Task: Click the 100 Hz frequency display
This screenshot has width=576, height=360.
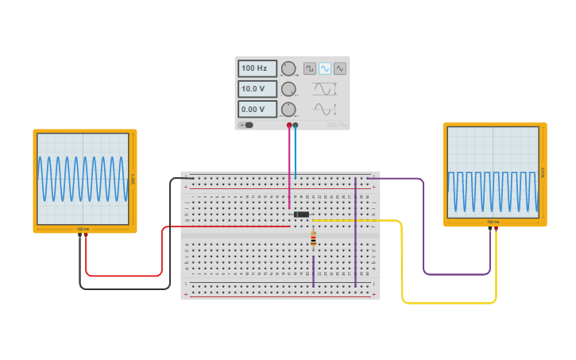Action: [257, 68]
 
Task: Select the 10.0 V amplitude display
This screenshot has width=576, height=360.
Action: [257, 89]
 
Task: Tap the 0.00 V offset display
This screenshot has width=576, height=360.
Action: [257, 109]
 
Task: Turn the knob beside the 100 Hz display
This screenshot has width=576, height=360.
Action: [288, 68]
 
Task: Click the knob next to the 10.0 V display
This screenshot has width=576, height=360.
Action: [288, 89]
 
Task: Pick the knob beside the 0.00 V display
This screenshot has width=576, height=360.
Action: [288, 109]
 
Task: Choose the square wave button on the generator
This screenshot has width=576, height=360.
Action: [310, 68]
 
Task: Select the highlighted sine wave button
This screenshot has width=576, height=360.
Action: [325, 68]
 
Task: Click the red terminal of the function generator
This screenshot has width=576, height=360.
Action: [289, 126]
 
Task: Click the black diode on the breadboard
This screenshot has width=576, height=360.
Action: [301, 215]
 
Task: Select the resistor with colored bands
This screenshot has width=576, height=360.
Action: [313, 238]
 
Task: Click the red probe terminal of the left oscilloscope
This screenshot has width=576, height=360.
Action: [86, 236]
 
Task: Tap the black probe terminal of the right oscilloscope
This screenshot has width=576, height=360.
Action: [490, 230]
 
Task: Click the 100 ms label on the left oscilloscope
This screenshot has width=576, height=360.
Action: [83, 229]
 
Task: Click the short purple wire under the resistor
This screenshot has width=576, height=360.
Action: [313, 270]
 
